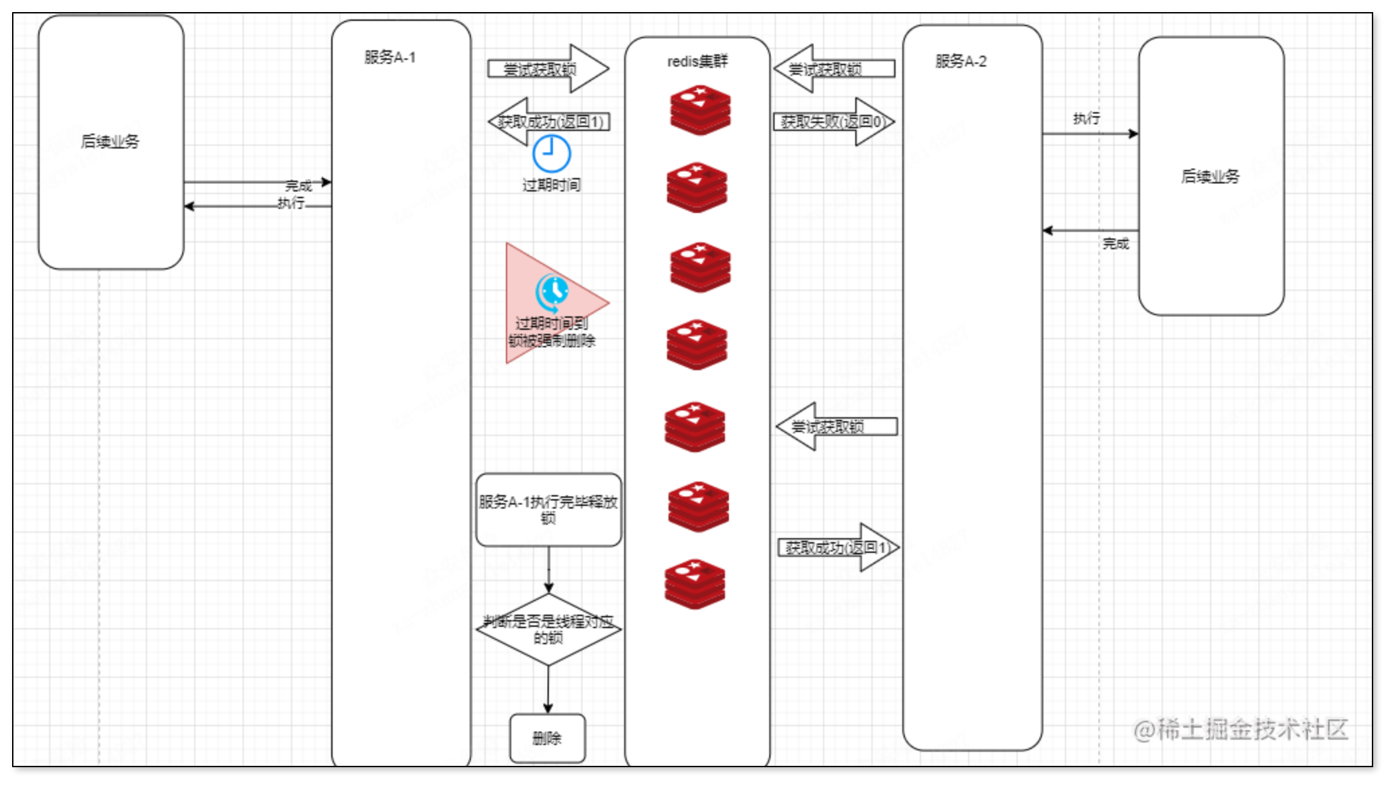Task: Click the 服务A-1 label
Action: pyautogui.click(x=390, y=58)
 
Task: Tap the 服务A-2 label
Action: pyautogui.click(x=961, y=62)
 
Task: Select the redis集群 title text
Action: pyautogui.click(x=697, y=62)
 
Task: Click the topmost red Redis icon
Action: pyautogui.click(x=700, y=111)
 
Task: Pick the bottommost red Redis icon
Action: pyautogui.click(x=695, y=584)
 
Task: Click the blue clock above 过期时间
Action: pyautogui.click(x=552, y=154)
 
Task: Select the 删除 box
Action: pyautogui.click(x=548, y=738)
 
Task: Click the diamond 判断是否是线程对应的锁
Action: pyautogui.click(x=548, y=629)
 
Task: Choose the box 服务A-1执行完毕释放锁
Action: pyautogui.click(x=548, y=510)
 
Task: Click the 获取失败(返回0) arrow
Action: pyautogui.click(x=834, y=122)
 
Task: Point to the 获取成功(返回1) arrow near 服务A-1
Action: pyautogui.click(x=549, y=122)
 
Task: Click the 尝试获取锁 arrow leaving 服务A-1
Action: pyautogui.click(x=547, y=69)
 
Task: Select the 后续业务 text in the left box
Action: pyautogui.click(x=110, y=142)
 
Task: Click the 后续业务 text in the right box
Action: pyautogui.click(x=1211, y=177)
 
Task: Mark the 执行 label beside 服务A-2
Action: pyautogui.click(x=1086, y=119)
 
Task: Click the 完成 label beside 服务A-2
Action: pyautogui.click(x=1115, y=244)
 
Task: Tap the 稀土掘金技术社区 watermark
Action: pyautogui.click(x=1241, y=730)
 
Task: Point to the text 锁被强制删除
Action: pyautogui.click(x=552, y=341)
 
